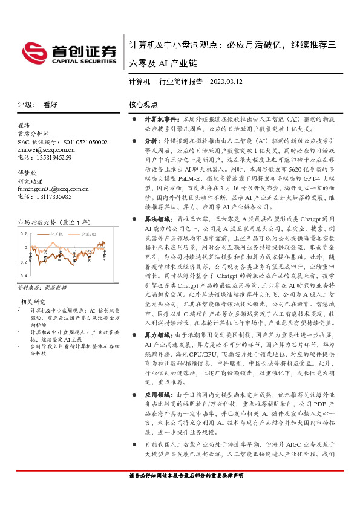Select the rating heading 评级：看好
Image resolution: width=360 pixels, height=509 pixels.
tap(38, 104)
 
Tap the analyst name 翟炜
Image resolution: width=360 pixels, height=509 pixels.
tap(24, 126)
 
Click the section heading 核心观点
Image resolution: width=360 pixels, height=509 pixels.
tap(143, 104)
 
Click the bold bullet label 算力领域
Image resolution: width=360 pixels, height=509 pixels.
tap(159, 334)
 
